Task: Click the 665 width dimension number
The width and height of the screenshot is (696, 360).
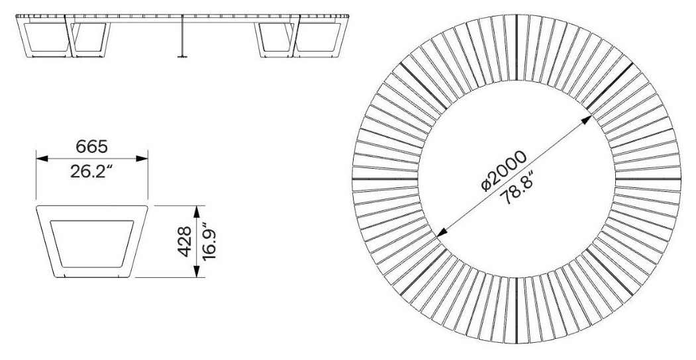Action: pos(91,146)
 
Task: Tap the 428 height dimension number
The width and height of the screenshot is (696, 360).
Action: pos(185,242)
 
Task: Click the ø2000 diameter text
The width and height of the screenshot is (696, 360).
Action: pos(504,171)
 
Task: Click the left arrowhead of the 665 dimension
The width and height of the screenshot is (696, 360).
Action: pos(42,158)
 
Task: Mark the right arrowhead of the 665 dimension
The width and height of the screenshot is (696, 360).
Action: pos(142,158)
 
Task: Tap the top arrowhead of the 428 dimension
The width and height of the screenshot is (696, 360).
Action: pos(197,212)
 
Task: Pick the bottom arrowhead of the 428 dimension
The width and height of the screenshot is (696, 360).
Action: pos(197,272)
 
